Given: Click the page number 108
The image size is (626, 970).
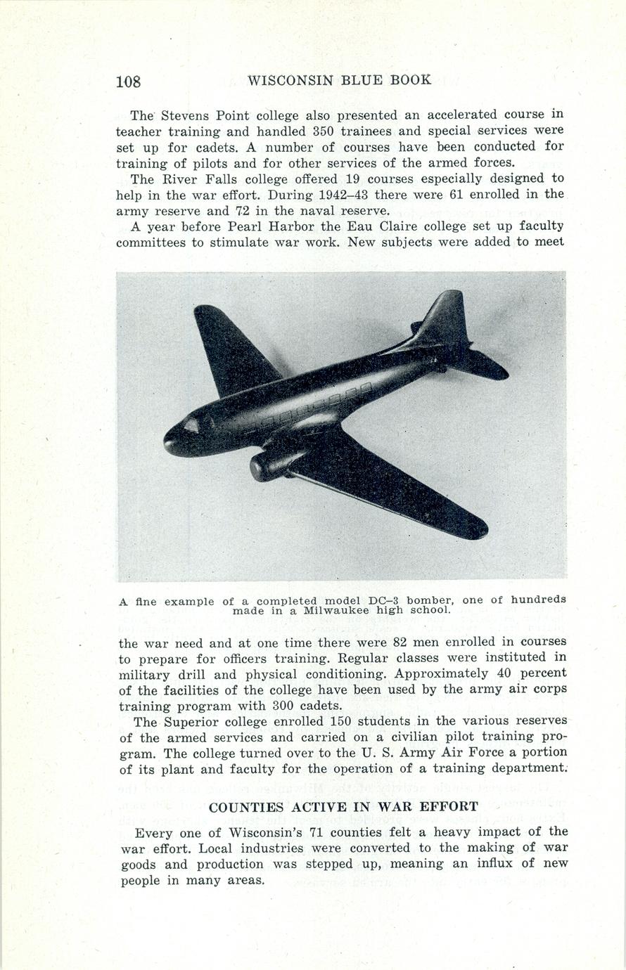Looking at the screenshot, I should coord(128,82).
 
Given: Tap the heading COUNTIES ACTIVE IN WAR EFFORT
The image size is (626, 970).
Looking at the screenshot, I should coord(343,807).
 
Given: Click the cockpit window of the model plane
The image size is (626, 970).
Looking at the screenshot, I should coord(191,425).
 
